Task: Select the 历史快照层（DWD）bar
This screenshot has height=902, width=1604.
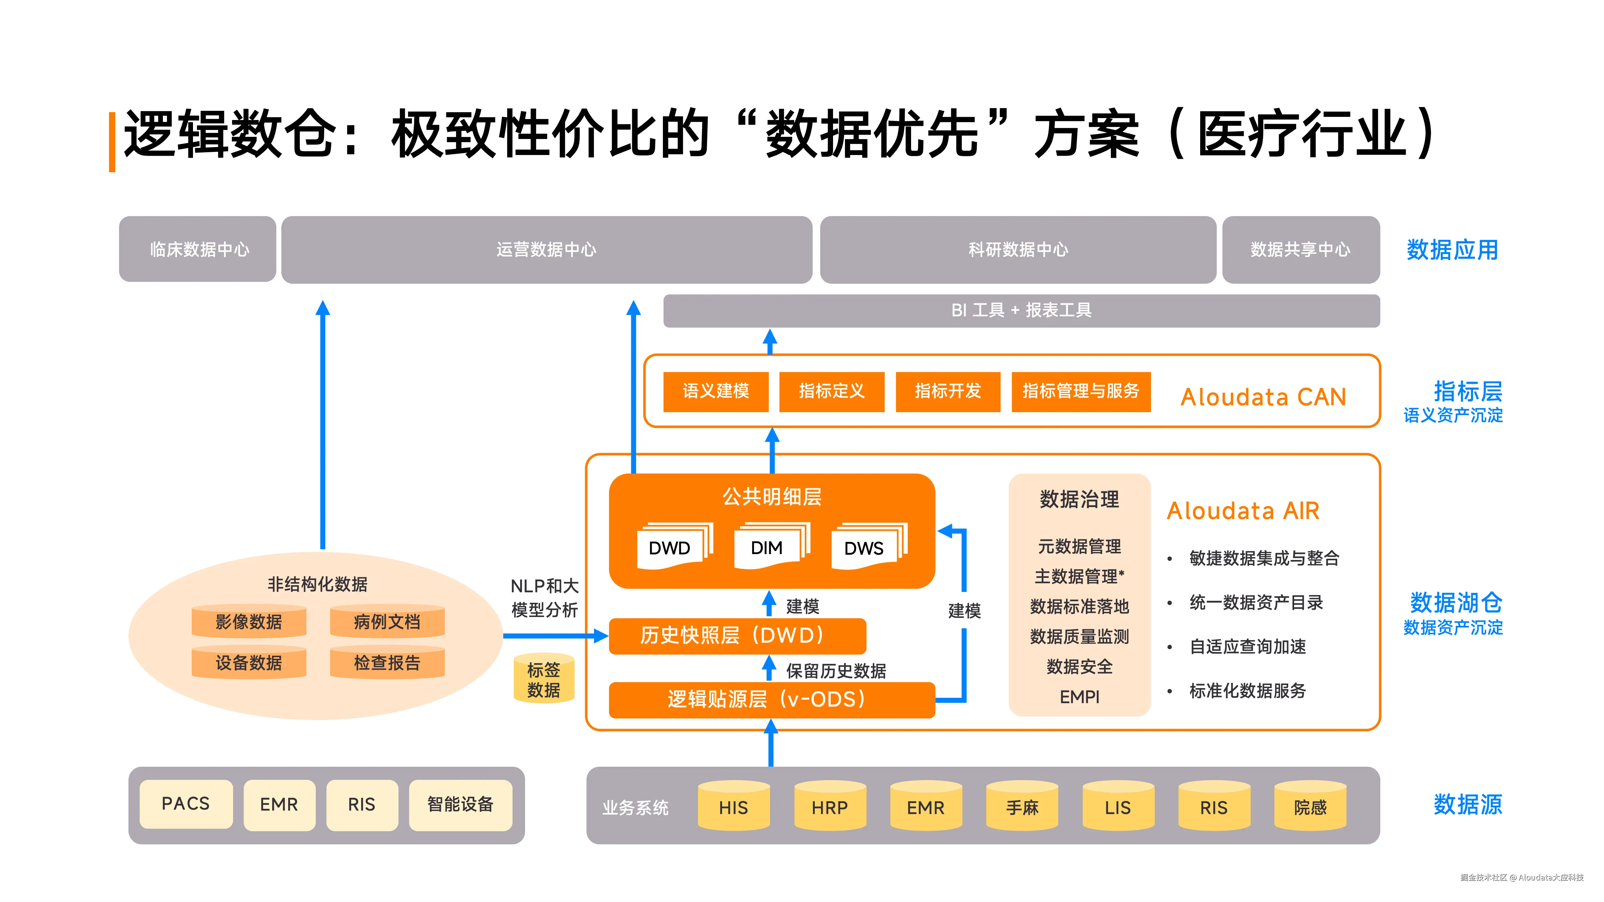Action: [737, 635]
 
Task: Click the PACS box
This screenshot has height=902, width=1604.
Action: [185, 804]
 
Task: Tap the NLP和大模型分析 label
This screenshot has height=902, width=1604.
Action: [544, 598]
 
